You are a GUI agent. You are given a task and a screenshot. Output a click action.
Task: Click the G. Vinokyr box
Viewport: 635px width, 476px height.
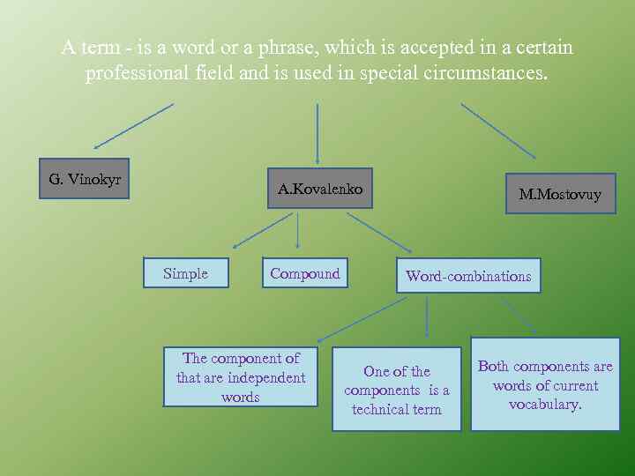click(x=85, y=179)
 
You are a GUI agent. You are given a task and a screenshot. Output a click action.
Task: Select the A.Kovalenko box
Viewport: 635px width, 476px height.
click(x=319, y=189)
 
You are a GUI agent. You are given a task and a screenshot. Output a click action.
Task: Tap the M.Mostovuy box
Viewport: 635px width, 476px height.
click(x=560, y=194)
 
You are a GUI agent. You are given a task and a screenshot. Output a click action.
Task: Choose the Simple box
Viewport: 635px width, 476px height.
click(x=185, y=273)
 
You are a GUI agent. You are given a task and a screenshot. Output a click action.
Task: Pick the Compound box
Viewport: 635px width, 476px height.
click(x=304, y=273)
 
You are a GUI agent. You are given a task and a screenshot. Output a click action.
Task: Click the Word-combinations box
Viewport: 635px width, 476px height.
click(x=468, y=276)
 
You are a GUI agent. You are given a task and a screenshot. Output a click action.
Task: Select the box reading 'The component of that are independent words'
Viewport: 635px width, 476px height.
click(x=240, y=377)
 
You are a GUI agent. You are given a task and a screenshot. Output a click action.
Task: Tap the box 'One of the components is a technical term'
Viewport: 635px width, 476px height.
click(x=396, y=390)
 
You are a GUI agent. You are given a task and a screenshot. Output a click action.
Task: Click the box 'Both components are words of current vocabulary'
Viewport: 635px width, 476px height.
click(x=545, y=384)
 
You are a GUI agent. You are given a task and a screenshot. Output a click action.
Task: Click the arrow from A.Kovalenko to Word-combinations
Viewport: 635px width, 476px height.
click(x=379, y=232)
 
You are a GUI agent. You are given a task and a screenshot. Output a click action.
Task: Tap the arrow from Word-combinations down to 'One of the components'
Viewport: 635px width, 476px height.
click(x=427, y=316)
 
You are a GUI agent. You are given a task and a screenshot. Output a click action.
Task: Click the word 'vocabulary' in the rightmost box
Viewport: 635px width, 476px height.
click(x=544, y=405)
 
